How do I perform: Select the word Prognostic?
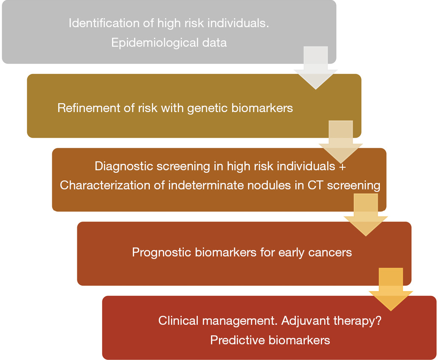(162, 253)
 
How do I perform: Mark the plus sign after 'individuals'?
(343, 166)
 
